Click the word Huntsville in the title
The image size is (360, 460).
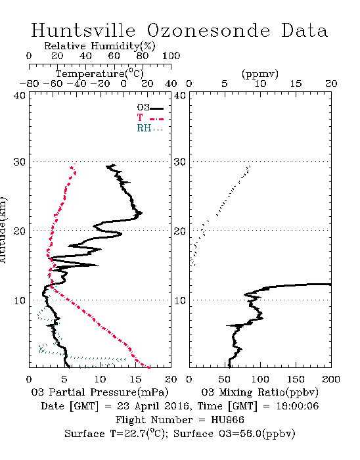pyautogui.click(x=83, y=30)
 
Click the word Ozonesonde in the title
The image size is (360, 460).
pyautogui.click(x=208, y=30)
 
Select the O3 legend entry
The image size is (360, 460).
pyautogui.click(x=150, y=108)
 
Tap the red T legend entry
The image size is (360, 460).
pyautogui.click(x=150, y=118)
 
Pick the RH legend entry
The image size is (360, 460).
pyautogui.click(x=150, y=128)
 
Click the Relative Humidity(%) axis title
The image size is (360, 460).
pyautogui.click(x=100, y=46)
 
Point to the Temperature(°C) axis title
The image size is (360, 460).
pyautogui.click(x=100, y=74)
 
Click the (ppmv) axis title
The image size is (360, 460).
pyautogui.click(x=260, y=74)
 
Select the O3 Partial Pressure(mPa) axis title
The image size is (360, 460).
pyautogui.click(x=100, y=392)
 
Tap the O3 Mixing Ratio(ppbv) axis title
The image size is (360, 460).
pyautogui.click(x=259, y=392)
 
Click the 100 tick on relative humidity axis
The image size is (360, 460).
pyautogui.click(x=171, y=56)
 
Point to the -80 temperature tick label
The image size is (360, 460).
pyautogui.click(x=29, y=83)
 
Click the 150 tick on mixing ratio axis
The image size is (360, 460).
pyautogui.click(x=296, y=379)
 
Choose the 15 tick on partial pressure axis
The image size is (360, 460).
pyautogui.click(x=135, y=379)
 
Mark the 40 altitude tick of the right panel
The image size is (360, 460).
pyautogui.click(x=180, y=96)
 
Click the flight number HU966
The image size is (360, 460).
pyautogui.click(x=227, y=420)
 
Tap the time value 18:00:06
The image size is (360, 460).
pyautogui.click(x=298, y=406)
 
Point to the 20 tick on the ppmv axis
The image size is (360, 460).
pyautogui.click(x=331, y=83)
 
